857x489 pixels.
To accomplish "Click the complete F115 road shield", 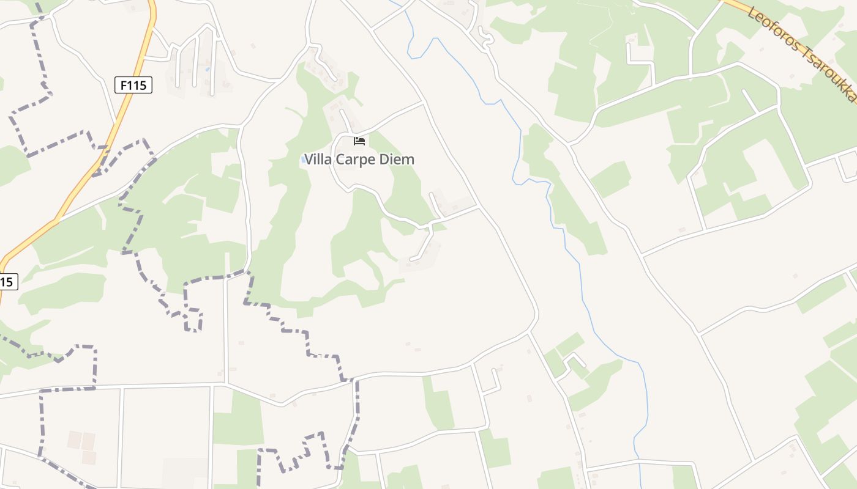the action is point(133,85).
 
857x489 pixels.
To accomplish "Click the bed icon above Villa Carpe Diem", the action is point(359,142).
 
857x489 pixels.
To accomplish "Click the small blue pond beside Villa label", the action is point(303,160).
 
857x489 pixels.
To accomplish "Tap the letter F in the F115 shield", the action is point(124,85).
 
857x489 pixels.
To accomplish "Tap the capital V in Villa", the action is point(309,160).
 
